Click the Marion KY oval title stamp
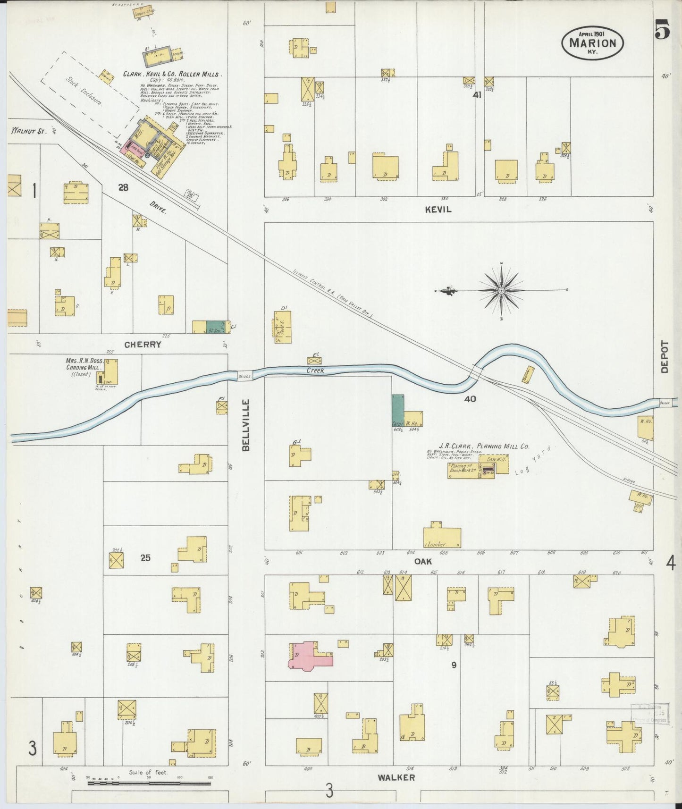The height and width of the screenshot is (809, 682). (592, 42)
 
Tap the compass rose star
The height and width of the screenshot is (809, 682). (501, 290)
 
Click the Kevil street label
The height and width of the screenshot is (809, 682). (438, 209)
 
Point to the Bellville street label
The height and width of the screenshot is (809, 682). (246, 425)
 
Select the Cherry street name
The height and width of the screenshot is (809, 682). (143, 345)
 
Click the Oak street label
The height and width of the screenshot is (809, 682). (423, 562)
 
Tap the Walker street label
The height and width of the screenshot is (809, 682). (396, 777)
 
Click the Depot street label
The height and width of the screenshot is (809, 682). (665, 357)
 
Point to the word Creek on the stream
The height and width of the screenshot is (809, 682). (315, 371)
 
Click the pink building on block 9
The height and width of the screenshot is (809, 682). (309, 655)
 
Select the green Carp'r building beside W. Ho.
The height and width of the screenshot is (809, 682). (398, 410)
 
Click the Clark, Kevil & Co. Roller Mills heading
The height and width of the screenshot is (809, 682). (172, 74)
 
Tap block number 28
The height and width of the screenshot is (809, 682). (123, 188)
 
